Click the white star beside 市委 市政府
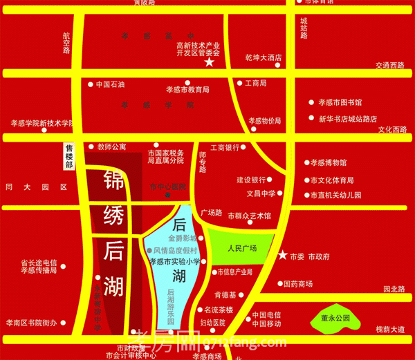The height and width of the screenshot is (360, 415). [x=282, y=256]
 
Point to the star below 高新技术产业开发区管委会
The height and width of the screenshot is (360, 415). [x=208, y=63]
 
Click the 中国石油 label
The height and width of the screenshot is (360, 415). [x=110, y=84]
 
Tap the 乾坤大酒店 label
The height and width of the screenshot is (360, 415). [x=264, y=57]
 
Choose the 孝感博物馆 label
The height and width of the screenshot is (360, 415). [x=328, y=163]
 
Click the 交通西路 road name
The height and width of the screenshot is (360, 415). [x=389, y=65]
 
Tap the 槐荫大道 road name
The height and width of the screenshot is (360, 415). [x=390, y=330]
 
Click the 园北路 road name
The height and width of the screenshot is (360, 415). [x=394, y=289]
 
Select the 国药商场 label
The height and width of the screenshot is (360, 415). [x=298, y=284]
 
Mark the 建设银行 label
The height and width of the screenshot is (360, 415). [x=252, y=179]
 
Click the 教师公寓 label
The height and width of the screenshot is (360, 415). [x=111, y=146]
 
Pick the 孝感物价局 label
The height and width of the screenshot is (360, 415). [x=265, y=120]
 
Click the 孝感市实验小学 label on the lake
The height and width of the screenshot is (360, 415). [x=175, y=261]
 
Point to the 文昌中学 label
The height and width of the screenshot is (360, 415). [x=261, y=193]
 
